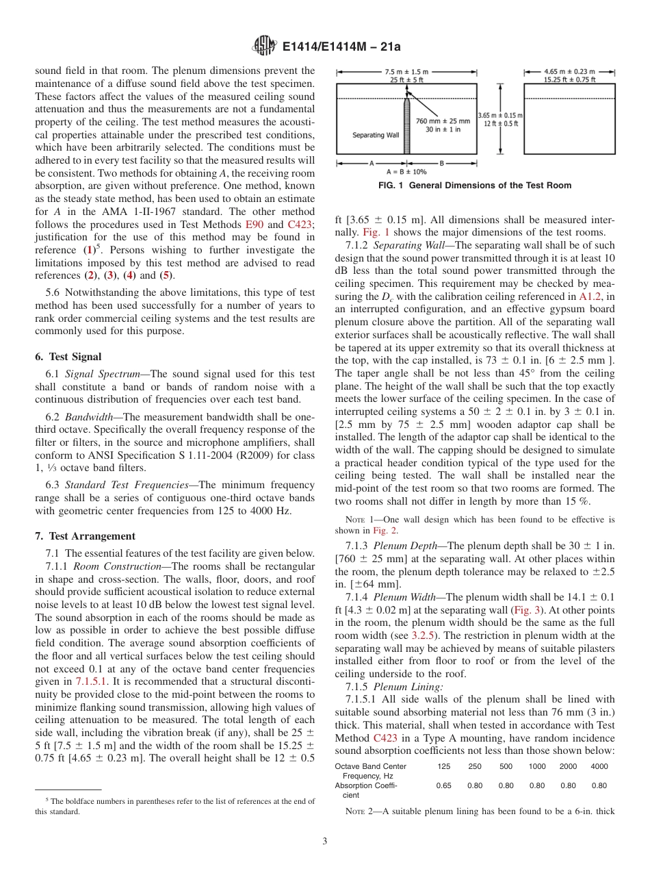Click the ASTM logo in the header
pyautogui.click(x=264, y=47)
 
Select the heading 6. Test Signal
pyautogui.click(x=68, y=356)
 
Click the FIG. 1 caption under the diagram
pyautogui.click(x=474, y=186)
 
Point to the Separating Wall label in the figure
pyautogui.click(x=376, y=135)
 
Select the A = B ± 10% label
pyautogui.click(x=406, y=171)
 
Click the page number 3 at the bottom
pyautogui.click(x=325, y=841)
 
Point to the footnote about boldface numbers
pyautogui.click(x=175, y=806)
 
